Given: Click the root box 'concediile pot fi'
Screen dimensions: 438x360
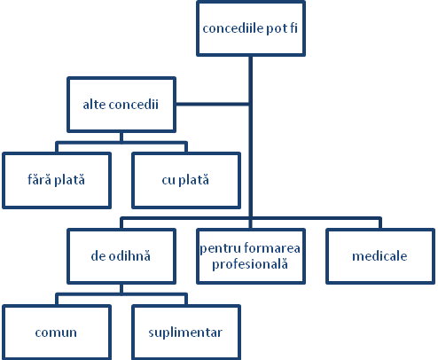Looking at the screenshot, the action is (251, 28).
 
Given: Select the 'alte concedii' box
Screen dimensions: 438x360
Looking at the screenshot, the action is (121, 105).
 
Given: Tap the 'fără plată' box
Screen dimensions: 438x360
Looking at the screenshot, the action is (57, 180).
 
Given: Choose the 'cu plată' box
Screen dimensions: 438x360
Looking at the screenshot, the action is (186, 180).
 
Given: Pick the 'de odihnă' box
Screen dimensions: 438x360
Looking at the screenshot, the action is (121, 256).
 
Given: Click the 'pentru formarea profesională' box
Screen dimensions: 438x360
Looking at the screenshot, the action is (251, 256).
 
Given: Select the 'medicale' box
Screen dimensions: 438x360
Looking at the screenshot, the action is (380, 256).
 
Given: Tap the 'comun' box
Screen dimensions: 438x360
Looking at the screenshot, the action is (57, 333).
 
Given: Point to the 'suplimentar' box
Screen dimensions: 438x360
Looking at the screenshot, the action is (186, 333).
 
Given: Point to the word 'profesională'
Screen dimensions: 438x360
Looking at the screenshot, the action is (250, 264).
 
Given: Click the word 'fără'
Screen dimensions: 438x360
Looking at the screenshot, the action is (39, 180).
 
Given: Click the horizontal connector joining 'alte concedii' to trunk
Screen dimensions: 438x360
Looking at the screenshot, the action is (213, 104).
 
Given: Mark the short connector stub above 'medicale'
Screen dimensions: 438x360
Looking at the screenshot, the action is (380, 223).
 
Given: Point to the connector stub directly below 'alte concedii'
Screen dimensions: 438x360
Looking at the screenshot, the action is (121, 137).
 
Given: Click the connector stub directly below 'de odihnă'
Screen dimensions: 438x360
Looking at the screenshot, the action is (121, 289).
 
